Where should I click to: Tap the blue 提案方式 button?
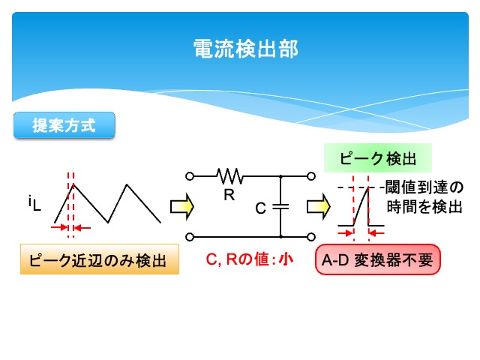[x=64, y=125]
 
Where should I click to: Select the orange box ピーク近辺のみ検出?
[x=99, y=260]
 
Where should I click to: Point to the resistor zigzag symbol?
[x=229, y=175]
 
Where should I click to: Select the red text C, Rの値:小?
[x=250, y=260]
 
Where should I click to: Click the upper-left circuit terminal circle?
[x=190, y=176]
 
